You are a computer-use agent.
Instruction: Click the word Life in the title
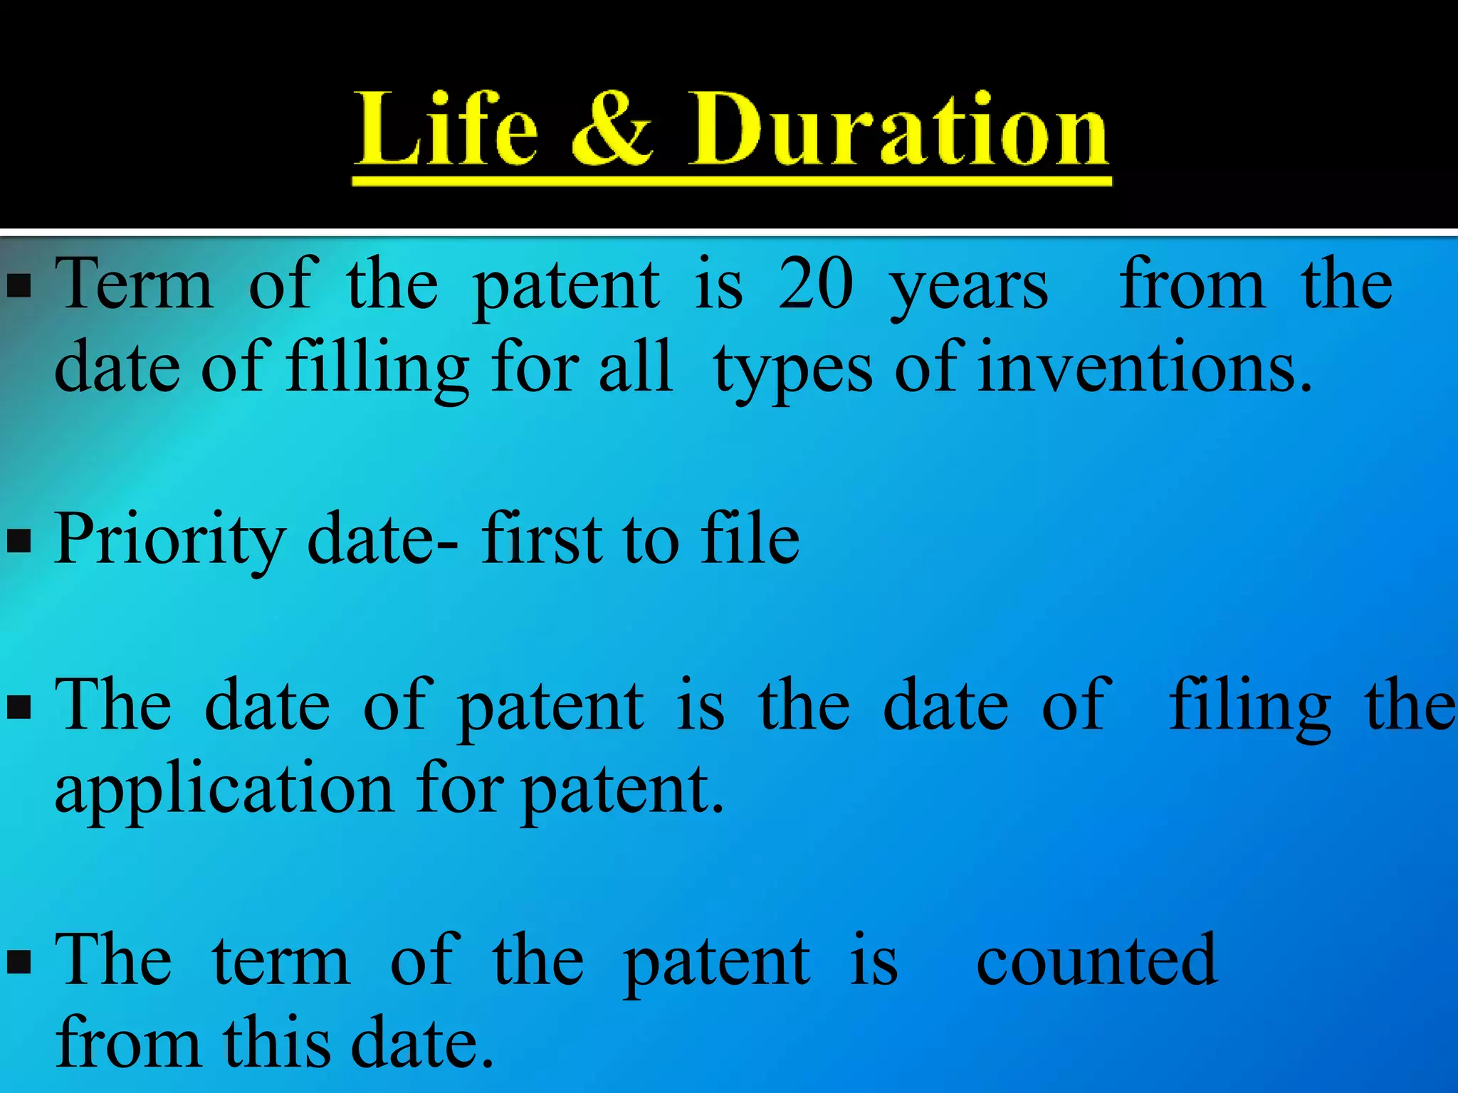pyautogui.click(x=446, y=130)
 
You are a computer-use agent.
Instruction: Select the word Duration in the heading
pyautogui.click(x=898, y=130)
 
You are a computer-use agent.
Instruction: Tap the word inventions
pyautogui.click(x=1144, y=368)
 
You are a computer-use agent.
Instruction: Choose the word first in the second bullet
pyautogui.click(x=544, y=539)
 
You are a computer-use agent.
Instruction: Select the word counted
pyautogui.click(x=1096, y=961)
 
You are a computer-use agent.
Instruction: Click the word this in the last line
pyautogui.click(x=277, y=1043)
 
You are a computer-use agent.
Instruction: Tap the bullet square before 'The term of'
pyautogui.click(x=19, y=963)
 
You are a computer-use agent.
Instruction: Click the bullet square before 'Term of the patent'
pyautogui.click(x=19, y=285)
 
